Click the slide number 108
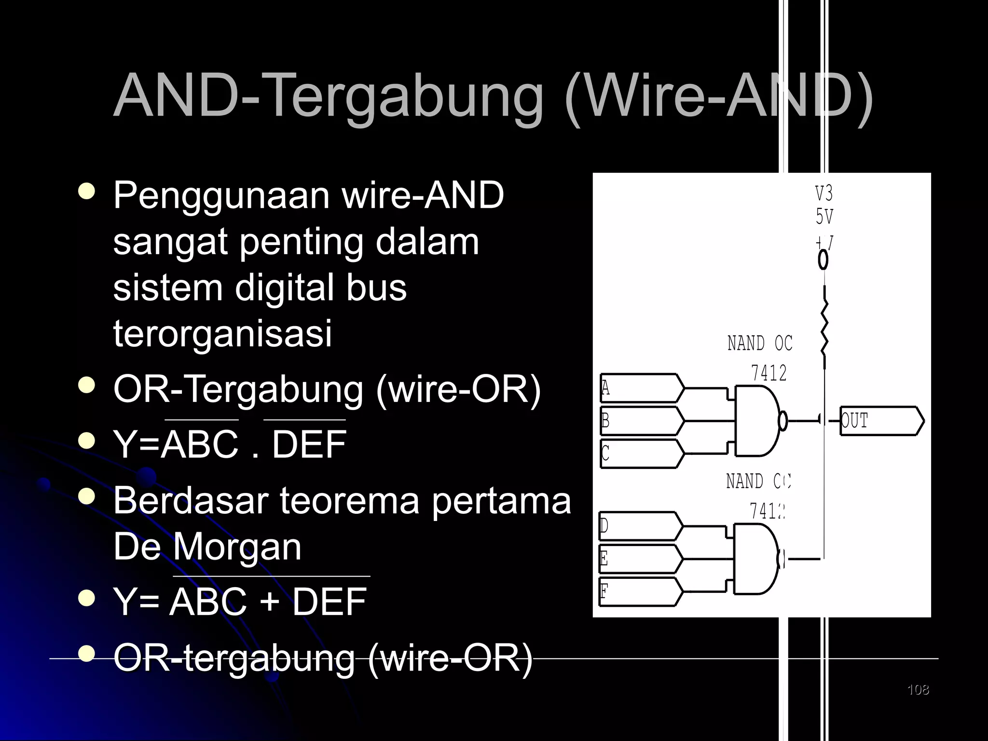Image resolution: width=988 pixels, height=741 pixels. click(x=918, y=690)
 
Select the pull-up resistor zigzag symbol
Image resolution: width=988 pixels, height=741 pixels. click(x=824, y=327)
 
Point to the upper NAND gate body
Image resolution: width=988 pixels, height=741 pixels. click(x=755, y=421)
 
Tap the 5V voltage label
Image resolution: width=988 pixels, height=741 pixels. click(x=824, y=217)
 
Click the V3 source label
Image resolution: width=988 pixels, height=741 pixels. click(x=824, y=194)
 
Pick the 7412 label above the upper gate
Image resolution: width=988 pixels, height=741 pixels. click(x=768, y=373)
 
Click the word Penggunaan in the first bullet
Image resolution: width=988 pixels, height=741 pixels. click(x=221, y=195)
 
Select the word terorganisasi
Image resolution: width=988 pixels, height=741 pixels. click(x=222, y=333)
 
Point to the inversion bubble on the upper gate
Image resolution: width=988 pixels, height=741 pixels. click(x=783, y=421)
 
